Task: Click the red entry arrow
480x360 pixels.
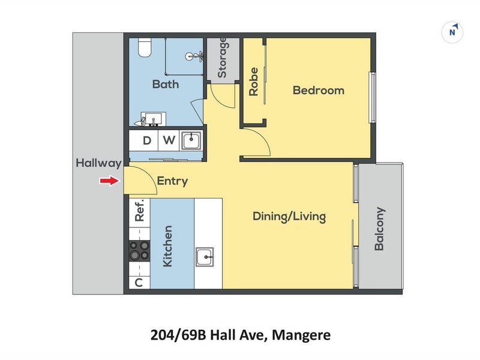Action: coord(109,181)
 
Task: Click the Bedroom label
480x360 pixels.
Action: coord(318,91)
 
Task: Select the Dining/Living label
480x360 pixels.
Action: coord(289,216)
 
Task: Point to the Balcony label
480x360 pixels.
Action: coord(379,229)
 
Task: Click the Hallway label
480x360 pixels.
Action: coord(98,163)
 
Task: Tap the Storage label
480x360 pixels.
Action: coord(222,58)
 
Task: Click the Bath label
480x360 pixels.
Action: coord(165,84)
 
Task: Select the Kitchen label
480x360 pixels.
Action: coord(168,246)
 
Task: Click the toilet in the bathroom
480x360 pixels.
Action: coord(144,47)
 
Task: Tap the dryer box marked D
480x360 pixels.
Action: coord(147,141)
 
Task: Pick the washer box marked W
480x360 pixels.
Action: coord(169,141)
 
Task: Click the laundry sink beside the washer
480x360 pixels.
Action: coord(191,140)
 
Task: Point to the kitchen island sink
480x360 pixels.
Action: coord(205,257)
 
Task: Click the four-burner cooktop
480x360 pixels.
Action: coord(139,251)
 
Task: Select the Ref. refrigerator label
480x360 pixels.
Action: coord(139,211)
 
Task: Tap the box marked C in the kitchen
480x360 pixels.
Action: coord(139,283)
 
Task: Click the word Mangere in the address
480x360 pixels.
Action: coord(300,334)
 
